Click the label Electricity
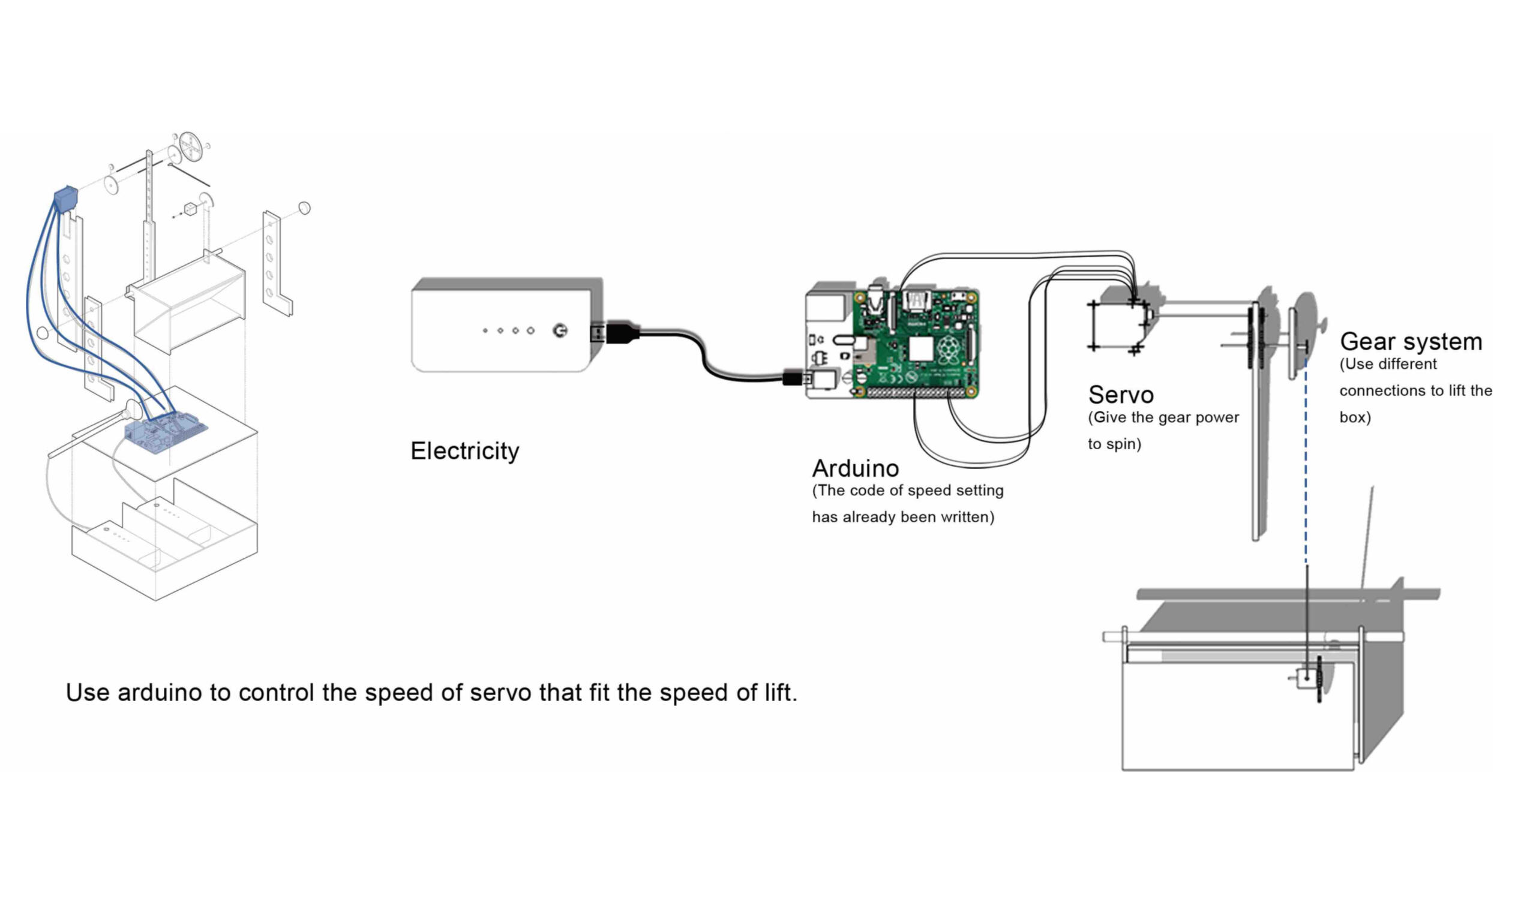(464, 451)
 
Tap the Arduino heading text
(855, 469)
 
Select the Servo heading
(1121, 395)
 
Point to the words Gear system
(1411, 342)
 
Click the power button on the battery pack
(559, 331)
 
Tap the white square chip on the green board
(920, 348)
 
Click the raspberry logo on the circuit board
(949, 348)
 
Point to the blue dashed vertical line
(1306, 461)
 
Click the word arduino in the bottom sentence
(159, 693)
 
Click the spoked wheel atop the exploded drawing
(191, 148)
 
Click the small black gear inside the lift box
(1319, 679)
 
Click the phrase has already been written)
(902, 518)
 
